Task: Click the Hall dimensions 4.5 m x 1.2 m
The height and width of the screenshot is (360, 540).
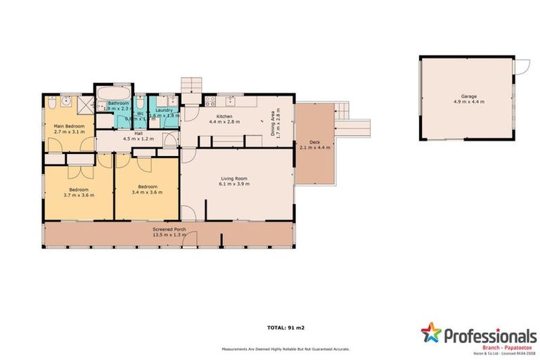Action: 138,139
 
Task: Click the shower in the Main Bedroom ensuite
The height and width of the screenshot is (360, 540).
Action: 84,105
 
